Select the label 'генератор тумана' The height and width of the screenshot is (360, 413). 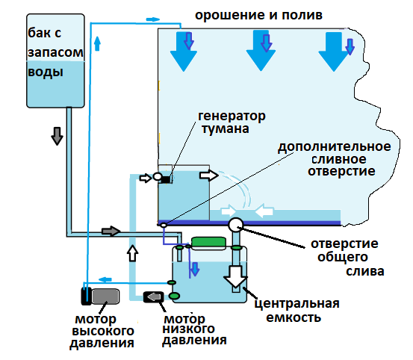point(232,122)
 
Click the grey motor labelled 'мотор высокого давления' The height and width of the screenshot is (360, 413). point(105,296)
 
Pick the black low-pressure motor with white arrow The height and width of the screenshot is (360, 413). point(155,297)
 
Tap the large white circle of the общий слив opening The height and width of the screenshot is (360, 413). point(237,224)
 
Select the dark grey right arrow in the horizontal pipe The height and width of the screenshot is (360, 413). point(111,232)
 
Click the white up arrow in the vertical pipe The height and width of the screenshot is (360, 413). point(132,253)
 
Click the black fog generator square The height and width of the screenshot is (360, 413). point(166,179)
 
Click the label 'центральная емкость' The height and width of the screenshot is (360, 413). point(296,310)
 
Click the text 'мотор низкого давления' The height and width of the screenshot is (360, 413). point(194,329)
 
